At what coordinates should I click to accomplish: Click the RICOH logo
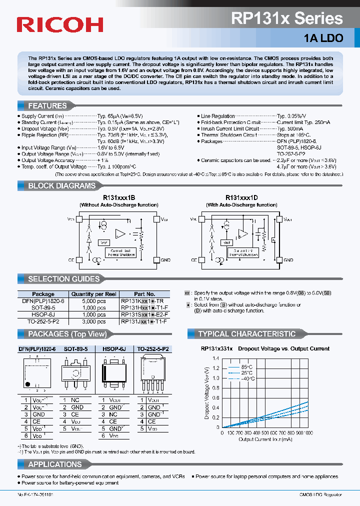[x=60, y=23]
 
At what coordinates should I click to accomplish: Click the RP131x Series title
[x=287, y=19]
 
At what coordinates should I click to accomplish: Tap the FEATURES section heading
[x=47, y=105]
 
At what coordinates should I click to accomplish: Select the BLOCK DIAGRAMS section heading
[x=61, y=185]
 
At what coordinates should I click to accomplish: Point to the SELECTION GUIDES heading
[x=64, y=279]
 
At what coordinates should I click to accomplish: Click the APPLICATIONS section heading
[x=55, y=464]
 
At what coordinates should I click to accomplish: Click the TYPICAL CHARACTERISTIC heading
[x=247, y=334]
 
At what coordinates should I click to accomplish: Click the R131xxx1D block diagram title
[x=241, y=197]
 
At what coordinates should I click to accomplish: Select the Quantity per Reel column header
[x=94, y=294]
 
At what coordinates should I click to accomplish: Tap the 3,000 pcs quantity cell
[x=94, y=322]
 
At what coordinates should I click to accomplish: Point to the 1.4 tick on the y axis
[x=216, y=358]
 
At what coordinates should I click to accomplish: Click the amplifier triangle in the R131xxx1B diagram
[x=120, y=233]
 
